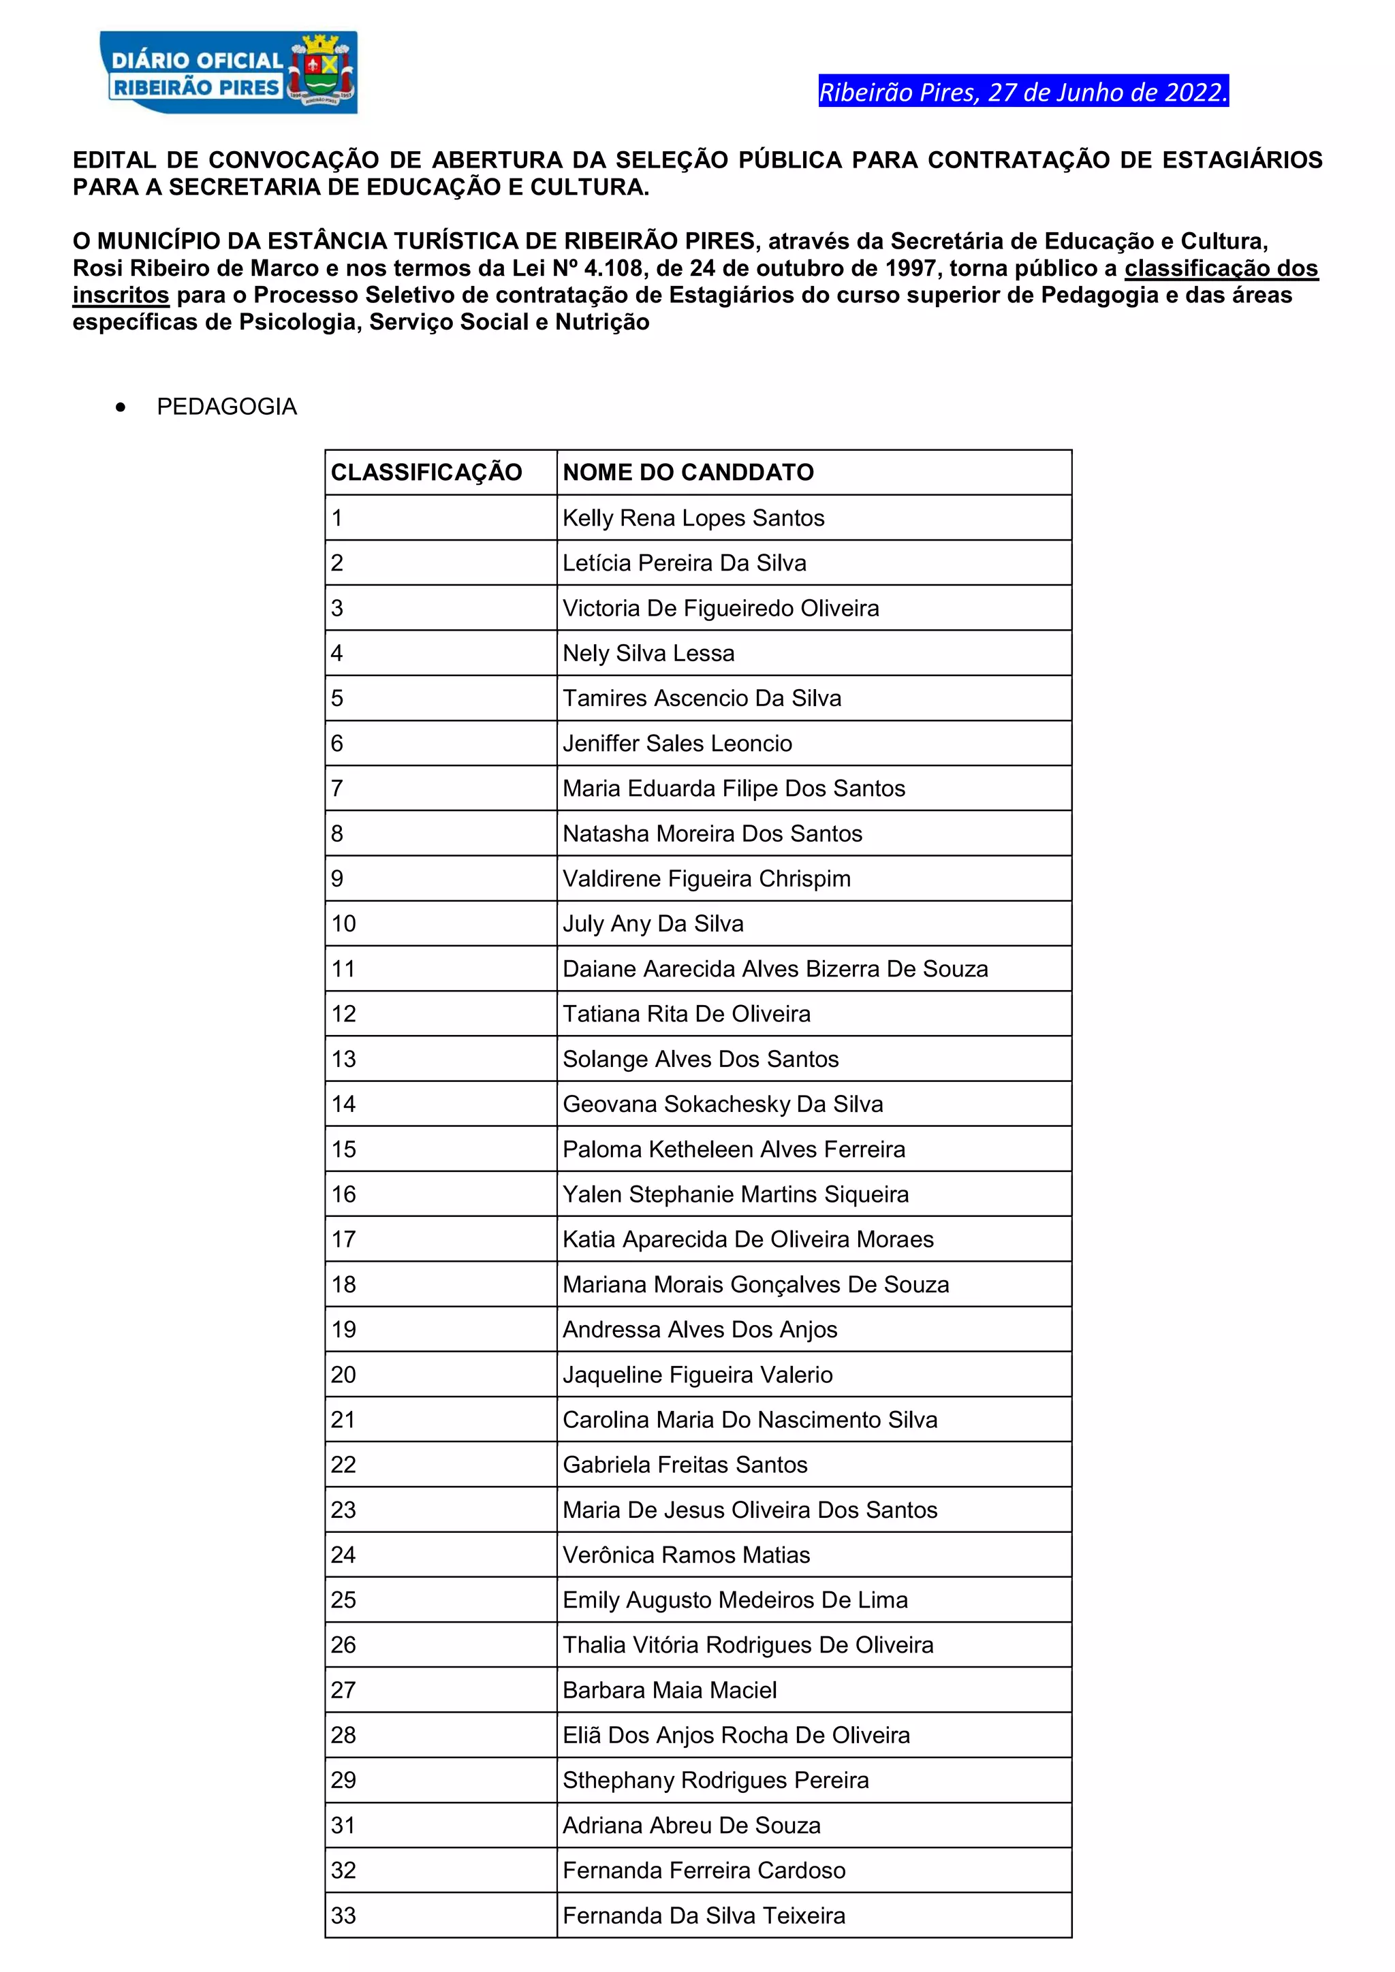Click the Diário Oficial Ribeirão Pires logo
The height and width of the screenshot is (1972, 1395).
pyautogui.click(x=228, y=73)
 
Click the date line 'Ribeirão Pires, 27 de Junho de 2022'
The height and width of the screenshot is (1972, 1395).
pyautogui.click(x=1023, y=92)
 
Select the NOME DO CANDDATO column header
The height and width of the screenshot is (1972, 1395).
pyautogui.click(x=688, y=473)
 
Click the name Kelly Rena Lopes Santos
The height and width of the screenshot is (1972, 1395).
pyautogui.click(x=693, y=518)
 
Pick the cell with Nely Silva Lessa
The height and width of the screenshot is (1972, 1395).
pyautogui.click(x=648, y=654)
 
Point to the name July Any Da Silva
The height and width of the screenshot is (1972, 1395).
pyautogui.click(x=653, y=924)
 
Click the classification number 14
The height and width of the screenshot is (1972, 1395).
pyautogui.click(x=343, y=1104)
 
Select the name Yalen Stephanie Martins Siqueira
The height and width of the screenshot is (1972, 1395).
pyautogui.click(x=735, y=1195)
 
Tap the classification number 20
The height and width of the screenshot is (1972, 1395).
pyautogui.click(x=343, y=1375)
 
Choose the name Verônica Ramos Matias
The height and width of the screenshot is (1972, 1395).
pyautogui.click(x=687, y=1555)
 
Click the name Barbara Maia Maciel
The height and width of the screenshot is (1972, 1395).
pyautogui.click(x=669, y=1690)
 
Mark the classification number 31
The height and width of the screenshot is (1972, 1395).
pyautogui.click(x=343, y=1826)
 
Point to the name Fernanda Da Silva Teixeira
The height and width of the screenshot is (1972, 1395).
pyautogui.click(x=704, y=1916)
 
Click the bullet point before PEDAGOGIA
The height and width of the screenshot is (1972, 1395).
pyautogui.click(x=121, y=407)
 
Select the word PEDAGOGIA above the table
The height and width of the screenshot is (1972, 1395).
pyautogui.click(x=227, y=407)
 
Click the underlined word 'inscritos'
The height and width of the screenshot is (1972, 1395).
pyautogui.click(x=121, y=296)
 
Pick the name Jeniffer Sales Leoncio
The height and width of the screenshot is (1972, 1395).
pyautogui.click(x=677, y=744)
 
